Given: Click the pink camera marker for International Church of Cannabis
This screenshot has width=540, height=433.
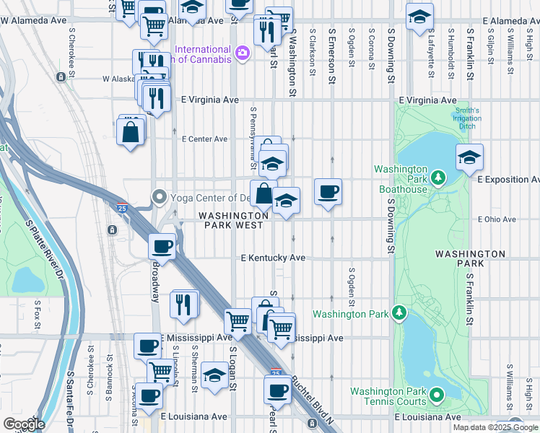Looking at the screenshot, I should [x=242, y=52].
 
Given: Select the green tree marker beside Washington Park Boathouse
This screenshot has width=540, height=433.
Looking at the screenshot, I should [x=437, y=177].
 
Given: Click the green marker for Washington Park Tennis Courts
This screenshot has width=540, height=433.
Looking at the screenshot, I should [x=435, y=395].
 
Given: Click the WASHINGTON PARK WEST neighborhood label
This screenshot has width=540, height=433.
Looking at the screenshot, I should [x=234, y=220].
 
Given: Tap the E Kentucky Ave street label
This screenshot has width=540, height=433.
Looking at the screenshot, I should [x=273, y=258].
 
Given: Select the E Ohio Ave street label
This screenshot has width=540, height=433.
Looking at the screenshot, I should [x=497, y=219].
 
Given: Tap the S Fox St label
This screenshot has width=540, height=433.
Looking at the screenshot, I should [x=37, y=318].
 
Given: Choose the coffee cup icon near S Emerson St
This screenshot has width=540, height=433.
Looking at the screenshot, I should [x=328, y=192].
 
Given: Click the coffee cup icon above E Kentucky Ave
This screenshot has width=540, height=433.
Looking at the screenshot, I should [x=162, y=246].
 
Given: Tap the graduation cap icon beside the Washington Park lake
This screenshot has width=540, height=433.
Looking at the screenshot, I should [x=469, y=157].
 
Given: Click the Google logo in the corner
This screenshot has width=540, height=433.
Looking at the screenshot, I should [x=24, y=424].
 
